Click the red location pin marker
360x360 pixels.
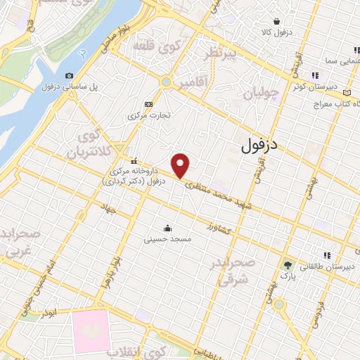(x=181, y=165)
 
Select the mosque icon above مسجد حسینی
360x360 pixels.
(x=167, y=228)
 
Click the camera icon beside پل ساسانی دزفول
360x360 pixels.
(x=69, y=76)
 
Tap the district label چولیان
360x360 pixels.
(x=262, y=92)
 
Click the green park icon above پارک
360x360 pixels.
(x=288, y=265)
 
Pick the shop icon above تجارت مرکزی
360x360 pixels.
(x=148, y=104)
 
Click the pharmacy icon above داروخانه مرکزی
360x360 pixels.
(x=133, y=160)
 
